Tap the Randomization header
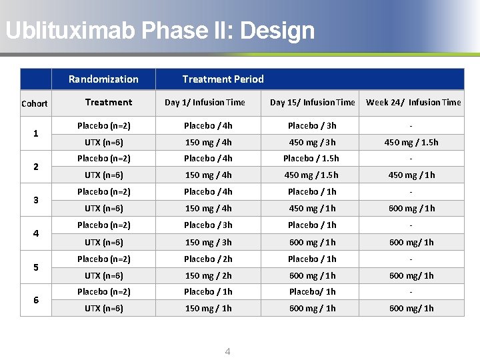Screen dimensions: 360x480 pyautogui.click(x=103, y=79)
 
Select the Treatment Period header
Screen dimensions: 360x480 pyautogui.click(x=223, y=79)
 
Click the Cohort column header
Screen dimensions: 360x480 pyautogui.click(x=35, y=103)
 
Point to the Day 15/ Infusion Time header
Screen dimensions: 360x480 pyautogui.click(x=312, y=102)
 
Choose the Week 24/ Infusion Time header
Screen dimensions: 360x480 pyautogui.click(x=413, y=102)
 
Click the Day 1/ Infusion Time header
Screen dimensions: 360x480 pyautogui.click(x=205, y=102)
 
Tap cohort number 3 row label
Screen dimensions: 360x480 pyautogui.click(x=35, y=200)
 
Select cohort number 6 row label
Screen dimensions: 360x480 pyautogui.click(x=35, y=300)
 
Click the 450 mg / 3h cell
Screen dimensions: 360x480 pyautogui.click(x=311, y=142)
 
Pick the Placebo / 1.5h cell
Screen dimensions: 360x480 pyautogui.click(x=311, y=158)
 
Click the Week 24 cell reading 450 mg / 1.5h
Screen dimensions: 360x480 pyautogui.click(x=411, y=142)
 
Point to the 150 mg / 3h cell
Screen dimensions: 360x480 pyautogui.click(x=208, y=242)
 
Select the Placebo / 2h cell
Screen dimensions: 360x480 pyautogui.click(x=208, y=259)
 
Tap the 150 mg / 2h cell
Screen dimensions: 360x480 pyautogui.click(x=208, y=275)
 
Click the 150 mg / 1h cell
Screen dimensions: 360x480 pyautogui.click(x=208, y=308)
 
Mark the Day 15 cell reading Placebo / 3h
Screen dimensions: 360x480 pyautogui.click(x=311, y=125)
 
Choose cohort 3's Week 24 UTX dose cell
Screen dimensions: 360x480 pyautogui.click(x=411, y=208)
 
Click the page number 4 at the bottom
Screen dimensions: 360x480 pyautogui.click(x=227, y=351)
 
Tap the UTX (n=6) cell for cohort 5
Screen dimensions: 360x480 pyautogui.click(x=104, y=275)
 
